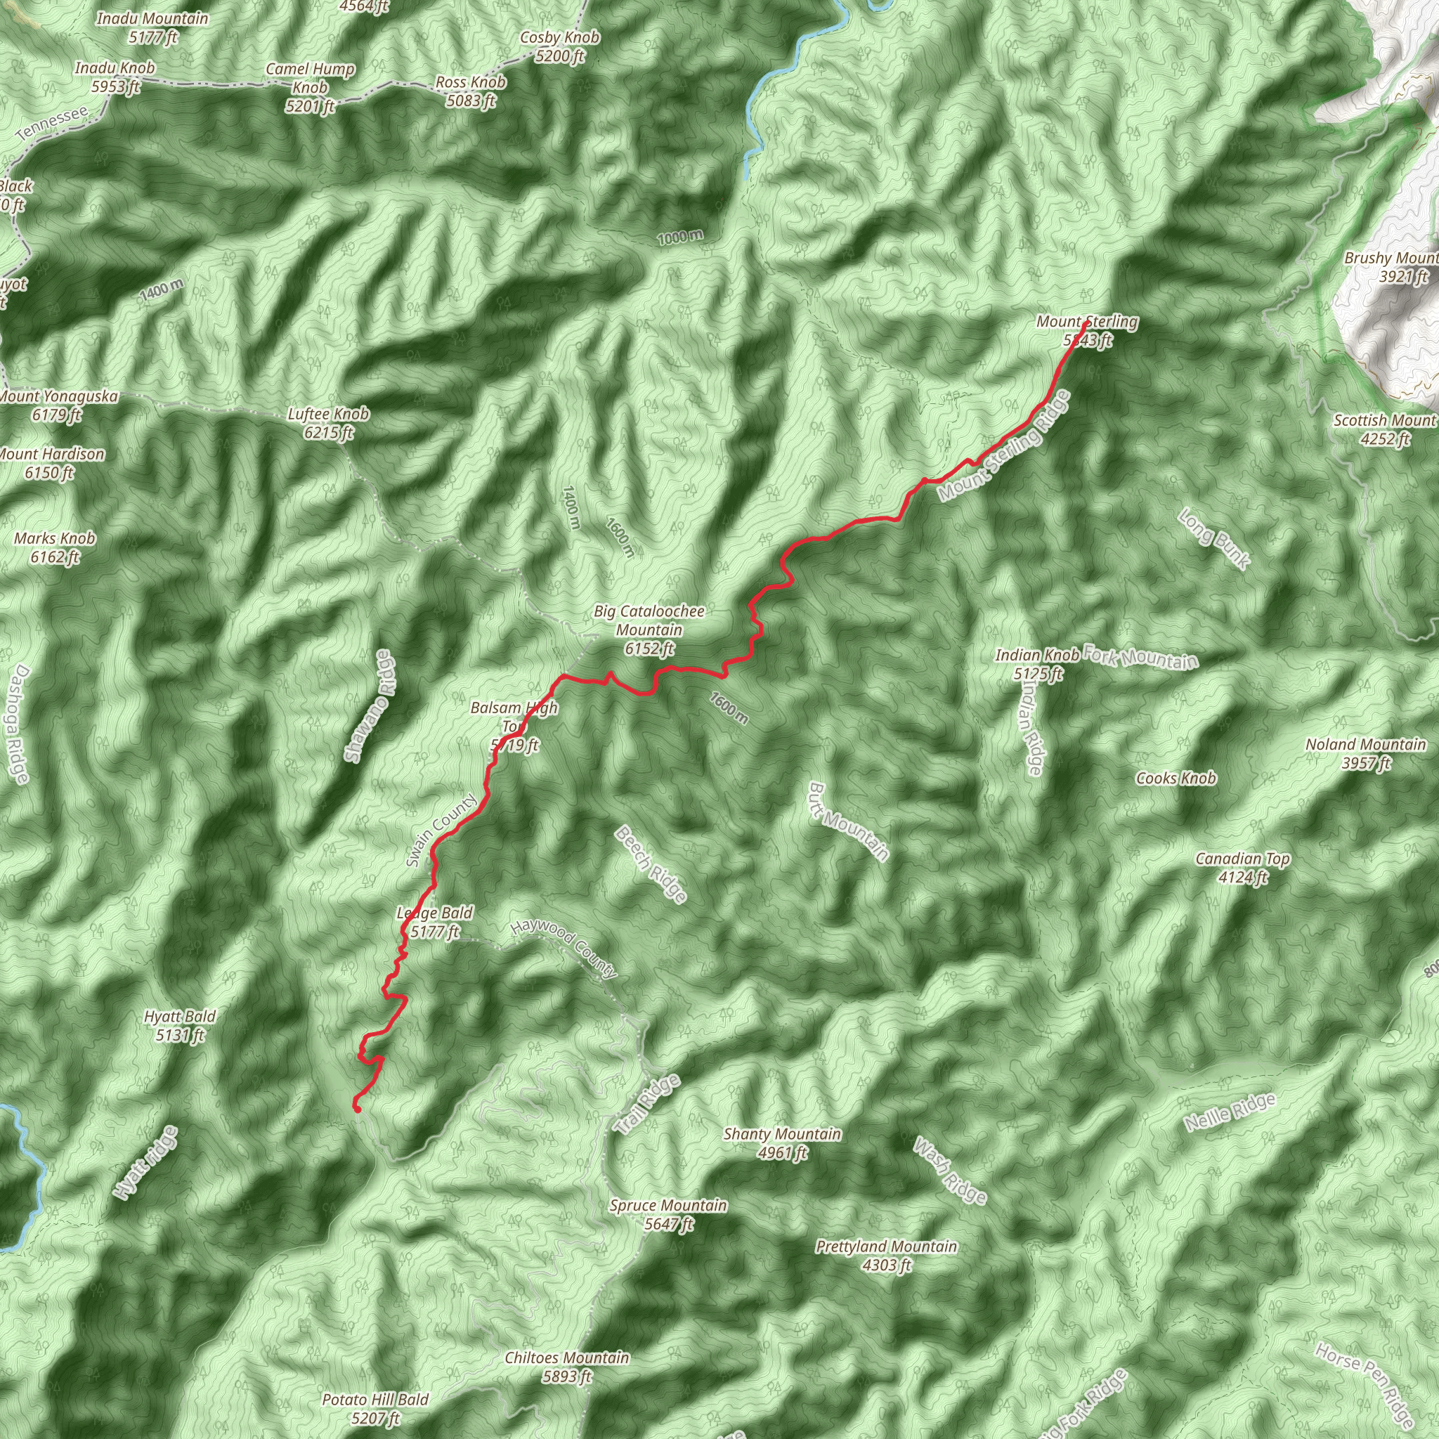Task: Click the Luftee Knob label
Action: pos(328,423)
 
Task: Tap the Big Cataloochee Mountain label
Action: pos(649,630)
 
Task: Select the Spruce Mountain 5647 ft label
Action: pos(668,1215)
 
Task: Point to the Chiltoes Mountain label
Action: pos(567,1367)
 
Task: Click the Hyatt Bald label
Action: pos(181,1026)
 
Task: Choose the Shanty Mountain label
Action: pos(782,1143)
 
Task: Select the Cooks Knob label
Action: pos(1176,779)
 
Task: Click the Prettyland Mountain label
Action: pos(886,1255)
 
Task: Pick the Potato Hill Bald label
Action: pos(375,1409)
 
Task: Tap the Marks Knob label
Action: pos(55,547)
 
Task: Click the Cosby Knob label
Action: pos(560,46)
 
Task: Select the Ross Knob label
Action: pos(471,91)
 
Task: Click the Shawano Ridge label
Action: pos(371,705)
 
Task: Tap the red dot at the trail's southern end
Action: pos(357,1109)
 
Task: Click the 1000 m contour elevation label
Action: pos(680,237)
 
